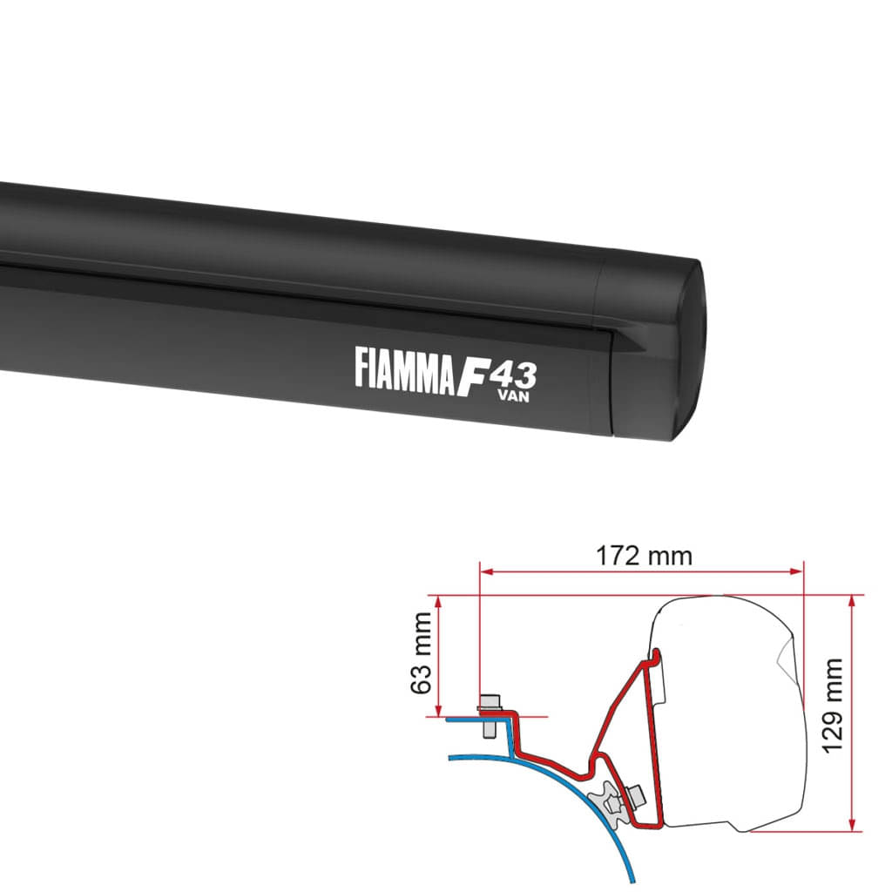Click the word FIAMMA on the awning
coord(405,366)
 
